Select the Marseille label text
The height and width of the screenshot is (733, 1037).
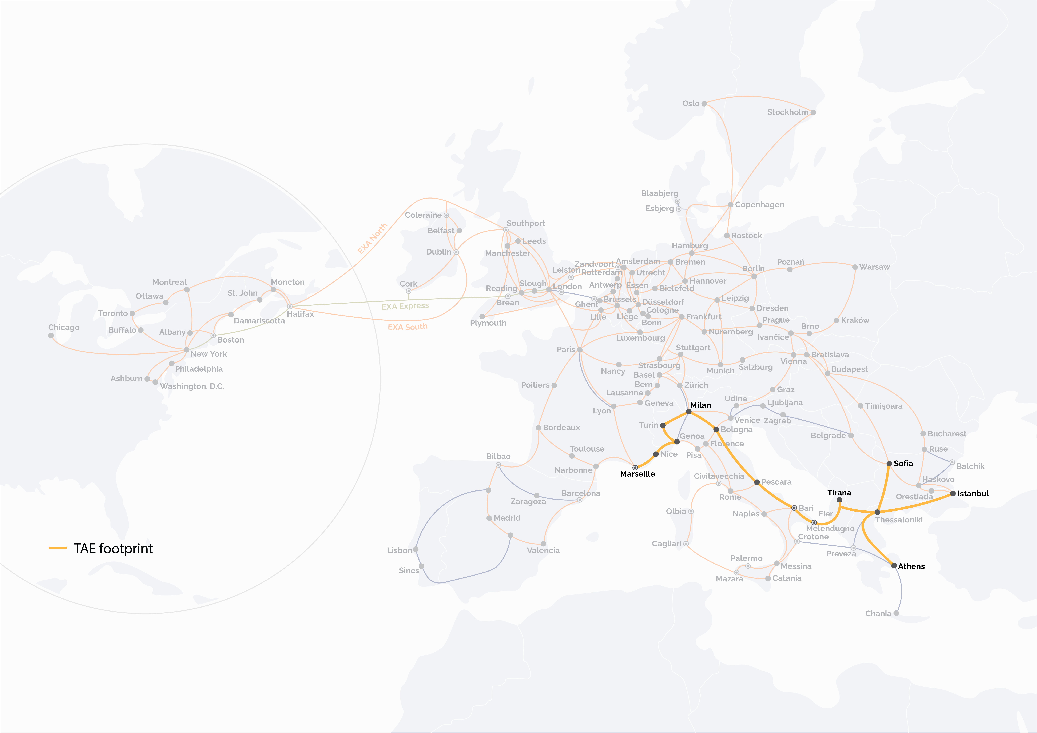(x=637, y=474)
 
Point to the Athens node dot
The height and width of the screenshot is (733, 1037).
(x=894, y=565)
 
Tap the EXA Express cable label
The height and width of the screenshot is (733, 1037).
(x=405, y=306)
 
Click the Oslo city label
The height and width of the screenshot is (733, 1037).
(x=691, y=103)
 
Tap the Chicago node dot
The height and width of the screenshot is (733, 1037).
(x=51, y=336)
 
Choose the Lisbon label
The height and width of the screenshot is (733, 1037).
(x=399, y=550)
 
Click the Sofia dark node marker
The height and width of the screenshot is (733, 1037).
(x=889, y=464)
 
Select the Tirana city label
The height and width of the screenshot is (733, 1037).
(x=839, y=493)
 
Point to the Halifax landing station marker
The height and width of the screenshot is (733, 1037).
(x=290, y=307)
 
